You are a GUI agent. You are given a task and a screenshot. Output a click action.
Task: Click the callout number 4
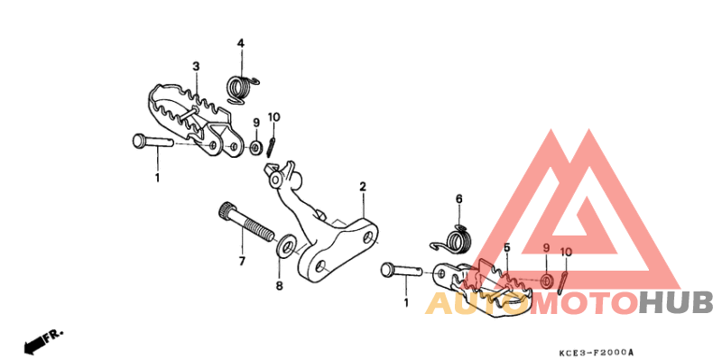point(240,43)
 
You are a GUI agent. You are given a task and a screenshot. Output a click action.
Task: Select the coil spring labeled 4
point(242,88)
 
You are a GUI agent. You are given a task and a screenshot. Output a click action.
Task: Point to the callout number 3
point(196,67)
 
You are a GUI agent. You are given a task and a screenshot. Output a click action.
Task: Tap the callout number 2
point(363,187)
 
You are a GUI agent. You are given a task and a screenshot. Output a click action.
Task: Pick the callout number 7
point(242,262)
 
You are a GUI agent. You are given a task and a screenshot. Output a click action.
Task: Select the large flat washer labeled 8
point(287,245)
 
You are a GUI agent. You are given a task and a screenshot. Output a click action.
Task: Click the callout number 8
point(280,286)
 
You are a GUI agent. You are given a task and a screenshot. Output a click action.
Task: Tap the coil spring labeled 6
point(453,241)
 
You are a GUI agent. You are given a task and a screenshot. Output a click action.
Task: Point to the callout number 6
point(458,199)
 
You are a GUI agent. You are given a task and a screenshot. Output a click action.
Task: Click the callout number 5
point(507,248)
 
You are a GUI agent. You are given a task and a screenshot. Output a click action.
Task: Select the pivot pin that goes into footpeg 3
point(153,142)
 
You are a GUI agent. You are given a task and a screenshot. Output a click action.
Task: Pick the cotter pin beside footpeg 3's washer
point(272,147)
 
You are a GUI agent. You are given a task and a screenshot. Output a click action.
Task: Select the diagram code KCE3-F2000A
point(597,353)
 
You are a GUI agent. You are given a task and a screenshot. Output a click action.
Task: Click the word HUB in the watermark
point(676,303)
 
